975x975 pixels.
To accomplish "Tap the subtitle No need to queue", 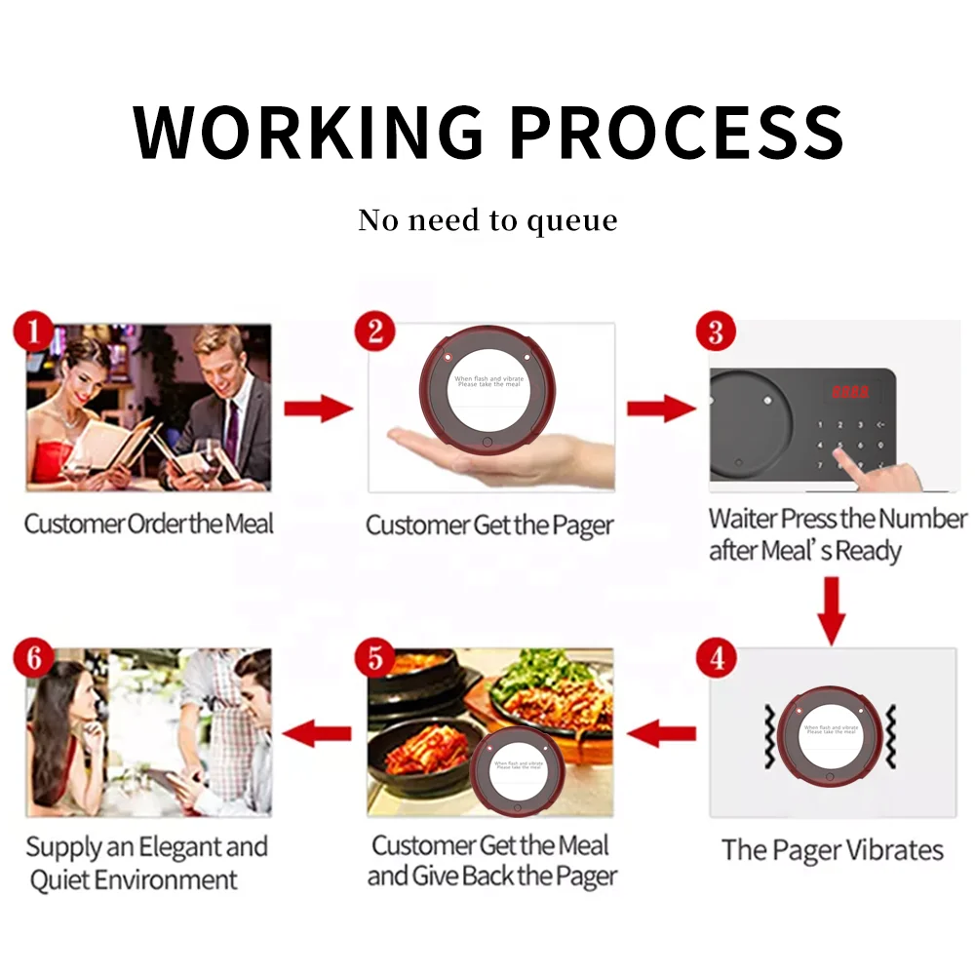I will [x=487, y=220].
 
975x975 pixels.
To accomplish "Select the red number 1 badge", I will [x=33, y=332].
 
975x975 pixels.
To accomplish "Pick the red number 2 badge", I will [x=374, y=331].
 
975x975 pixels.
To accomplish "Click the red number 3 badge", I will [x=715, y=331].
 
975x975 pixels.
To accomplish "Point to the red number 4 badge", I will [x=717, y=658].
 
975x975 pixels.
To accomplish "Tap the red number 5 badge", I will [x=375, y=658].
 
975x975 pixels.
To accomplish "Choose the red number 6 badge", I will [x=34, y=658].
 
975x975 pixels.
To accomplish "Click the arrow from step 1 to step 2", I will [x=318, y=408].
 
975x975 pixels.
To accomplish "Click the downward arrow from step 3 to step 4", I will [x=830, y=609].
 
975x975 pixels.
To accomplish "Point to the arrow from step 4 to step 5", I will [x=662, y=731].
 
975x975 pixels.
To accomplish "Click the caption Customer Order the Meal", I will [x=149, y=525].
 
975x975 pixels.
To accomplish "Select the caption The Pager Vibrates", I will [x=832, y=849].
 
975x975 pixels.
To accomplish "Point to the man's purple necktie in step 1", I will [x=232, y=429].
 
